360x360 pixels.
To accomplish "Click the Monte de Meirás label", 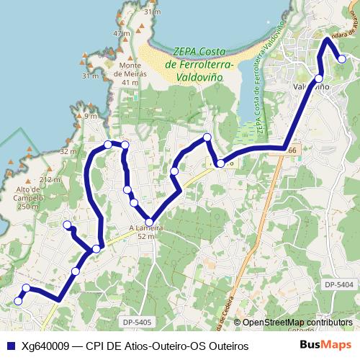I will tap(130, 73).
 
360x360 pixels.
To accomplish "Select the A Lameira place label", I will tap(147, 228).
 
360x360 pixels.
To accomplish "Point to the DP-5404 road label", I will tap(338, 285).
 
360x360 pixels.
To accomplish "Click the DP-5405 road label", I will tap(136, 323).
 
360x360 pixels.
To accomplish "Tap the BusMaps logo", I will tap(325, 346).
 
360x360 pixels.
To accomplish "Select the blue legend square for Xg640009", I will tap(10, 346).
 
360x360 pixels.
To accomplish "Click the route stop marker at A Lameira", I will tap(149, 222).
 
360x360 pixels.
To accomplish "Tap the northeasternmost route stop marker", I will tap(342, 59).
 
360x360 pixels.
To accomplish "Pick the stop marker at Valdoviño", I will tap(319, 78).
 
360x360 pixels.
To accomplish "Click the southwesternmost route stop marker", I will tap(19, 301).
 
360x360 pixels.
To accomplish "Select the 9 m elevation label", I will tap(90, 116).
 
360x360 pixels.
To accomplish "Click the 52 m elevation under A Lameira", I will tap(147, 236).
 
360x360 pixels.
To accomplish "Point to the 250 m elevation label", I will tap(27, 207).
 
